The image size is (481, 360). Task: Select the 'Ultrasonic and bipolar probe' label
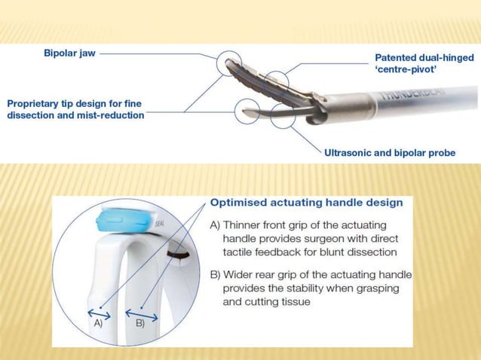pyautogui.click(x=389, y=153)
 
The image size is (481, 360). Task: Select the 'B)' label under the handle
pyautogui.click(x=139, y=323)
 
